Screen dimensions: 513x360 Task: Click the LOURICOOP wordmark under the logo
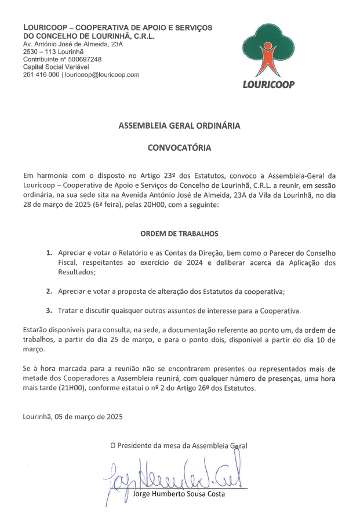(268, 84)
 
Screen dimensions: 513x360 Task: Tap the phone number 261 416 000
(41, 75)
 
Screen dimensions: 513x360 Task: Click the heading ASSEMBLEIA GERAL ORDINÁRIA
(179, 125)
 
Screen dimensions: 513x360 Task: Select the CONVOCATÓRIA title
(179, 148)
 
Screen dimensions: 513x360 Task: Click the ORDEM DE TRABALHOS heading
(179, 234)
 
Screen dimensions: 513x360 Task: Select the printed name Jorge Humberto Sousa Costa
(179, 494)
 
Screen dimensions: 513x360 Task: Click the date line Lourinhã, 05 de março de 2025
(72, 416)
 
